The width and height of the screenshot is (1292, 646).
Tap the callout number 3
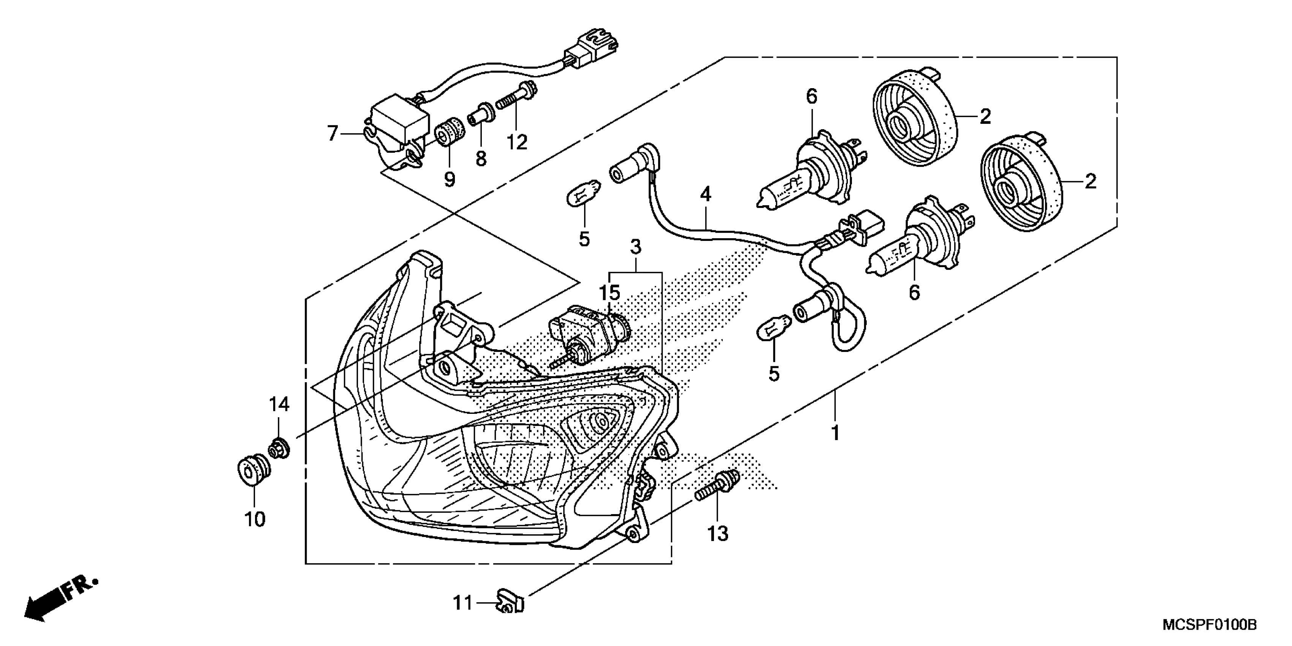click(x=635, y=247)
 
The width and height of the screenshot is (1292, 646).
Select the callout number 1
click(x=835, y=432)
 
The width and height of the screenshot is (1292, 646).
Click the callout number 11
click(x=462, y=602)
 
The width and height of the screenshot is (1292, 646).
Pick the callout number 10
click(x=255, y=519)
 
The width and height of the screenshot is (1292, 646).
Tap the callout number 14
click(x=279, y=404)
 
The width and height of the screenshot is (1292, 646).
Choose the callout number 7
click(x=332, y=134)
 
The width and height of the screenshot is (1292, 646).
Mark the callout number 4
click(x=706, y=195)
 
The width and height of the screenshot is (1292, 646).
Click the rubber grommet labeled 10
click(x=253, y=470)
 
